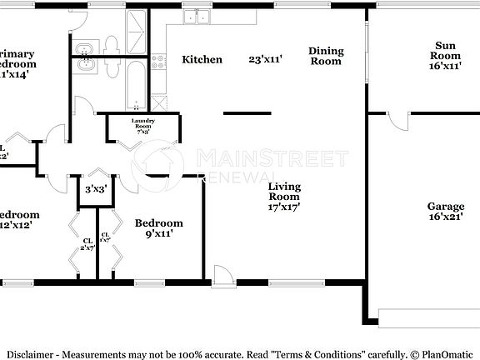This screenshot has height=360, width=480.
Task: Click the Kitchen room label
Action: (x=202, y=59)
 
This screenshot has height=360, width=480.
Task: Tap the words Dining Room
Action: (x=326, y=56)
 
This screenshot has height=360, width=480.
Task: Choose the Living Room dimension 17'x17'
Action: (x=284, y=207)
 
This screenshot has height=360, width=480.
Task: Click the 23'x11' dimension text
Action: (x=266, y=59)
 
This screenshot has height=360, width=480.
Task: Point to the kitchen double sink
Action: (x=197, y=17)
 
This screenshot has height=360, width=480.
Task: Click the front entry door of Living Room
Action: (x=223, y=277)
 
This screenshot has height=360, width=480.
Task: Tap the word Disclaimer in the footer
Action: (x=31, y=352)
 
